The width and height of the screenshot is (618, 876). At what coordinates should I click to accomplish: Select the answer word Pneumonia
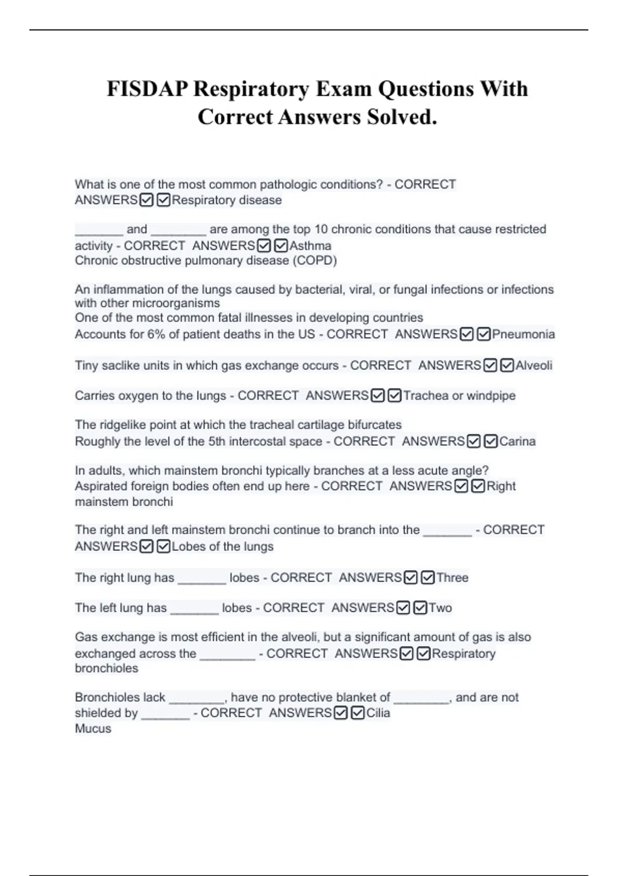tap(523, 334)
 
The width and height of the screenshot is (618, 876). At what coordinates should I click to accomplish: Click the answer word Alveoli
tap(534, 366)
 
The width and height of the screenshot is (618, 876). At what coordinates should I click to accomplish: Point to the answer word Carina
tap(517, 442)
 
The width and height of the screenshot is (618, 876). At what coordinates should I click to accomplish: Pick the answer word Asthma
tap(310, 246)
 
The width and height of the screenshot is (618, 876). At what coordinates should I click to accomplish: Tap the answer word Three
tap(452, 578)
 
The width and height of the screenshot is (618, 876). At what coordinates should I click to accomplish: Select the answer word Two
tap(440, 608)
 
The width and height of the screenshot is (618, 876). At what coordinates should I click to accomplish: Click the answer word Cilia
tap(378, 713)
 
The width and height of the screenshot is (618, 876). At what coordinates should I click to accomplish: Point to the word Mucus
tap(93, 729)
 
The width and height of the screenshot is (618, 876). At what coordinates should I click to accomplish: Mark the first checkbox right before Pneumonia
tap(467, 334)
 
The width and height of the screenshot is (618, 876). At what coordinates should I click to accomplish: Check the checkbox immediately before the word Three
tap(427, 578)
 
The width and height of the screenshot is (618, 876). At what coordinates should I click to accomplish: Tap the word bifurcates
tap(375, 425)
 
